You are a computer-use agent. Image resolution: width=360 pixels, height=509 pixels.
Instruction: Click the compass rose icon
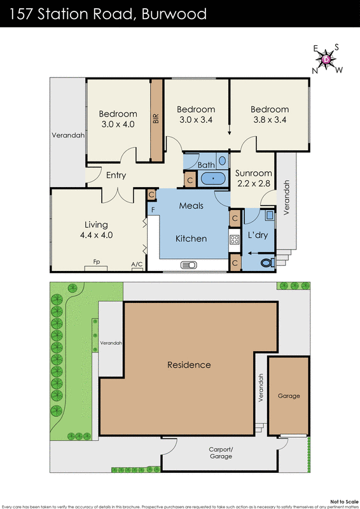327,59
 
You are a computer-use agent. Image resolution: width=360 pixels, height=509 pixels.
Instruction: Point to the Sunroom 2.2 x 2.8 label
253,178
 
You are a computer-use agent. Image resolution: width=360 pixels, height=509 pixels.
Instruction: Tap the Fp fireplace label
97,261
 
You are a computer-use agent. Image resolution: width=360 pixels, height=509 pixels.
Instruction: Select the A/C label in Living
136,264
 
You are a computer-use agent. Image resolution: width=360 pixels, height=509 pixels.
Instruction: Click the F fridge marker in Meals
153,209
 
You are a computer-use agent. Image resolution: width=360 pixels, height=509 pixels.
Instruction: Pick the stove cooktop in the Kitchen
233,242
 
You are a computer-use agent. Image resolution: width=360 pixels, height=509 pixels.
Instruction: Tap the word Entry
116,176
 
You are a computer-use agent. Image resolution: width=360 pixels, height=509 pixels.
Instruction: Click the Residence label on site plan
189,365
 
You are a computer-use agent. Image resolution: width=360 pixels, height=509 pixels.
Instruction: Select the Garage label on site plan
288,396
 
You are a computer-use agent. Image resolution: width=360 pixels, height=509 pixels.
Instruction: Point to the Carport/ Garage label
221,453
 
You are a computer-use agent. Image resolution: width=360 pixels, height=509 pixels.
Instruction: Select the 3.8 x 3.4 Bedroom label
269,115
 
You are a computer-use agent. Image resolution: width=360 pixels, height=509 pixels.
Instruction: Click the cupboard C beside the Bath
190,180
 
